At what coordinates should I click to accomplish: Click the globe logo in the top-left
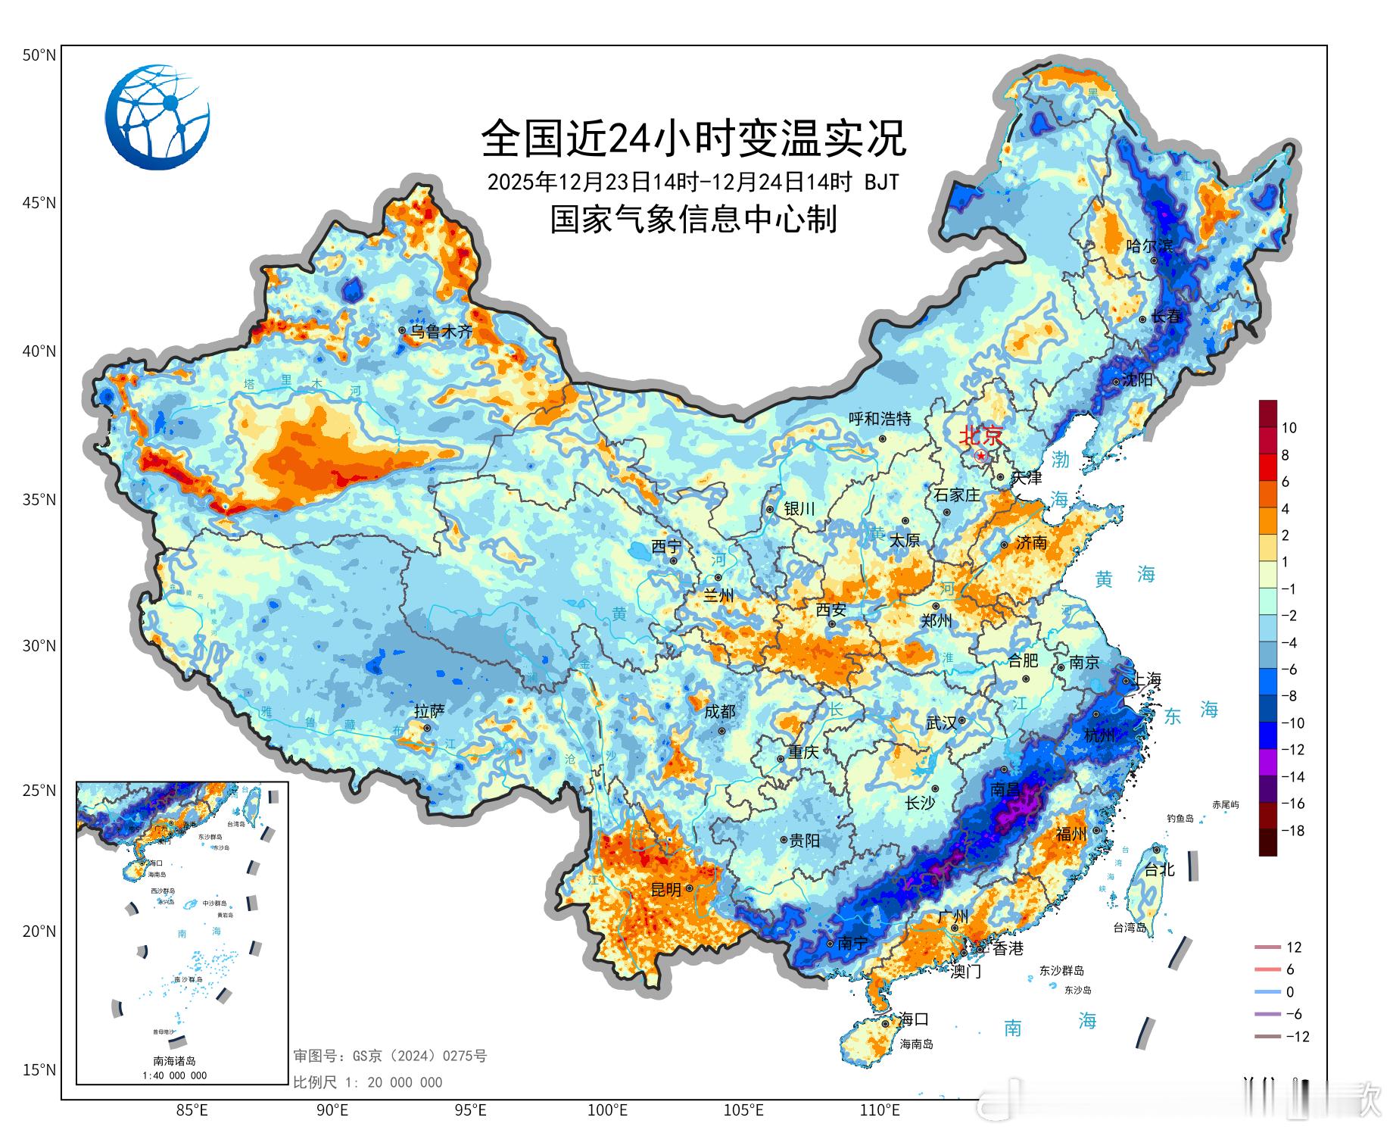pyautogui.click(x=157, y=117)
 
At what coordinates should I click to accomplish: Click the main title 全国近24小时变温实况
pyautogui.click(x=693, y=138)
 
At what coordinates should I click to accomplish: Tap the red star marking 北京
pyautogui.click(x=981, y=456)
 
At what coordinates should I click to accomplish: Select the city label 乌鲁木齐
pyautogui.click(x=441, y=332)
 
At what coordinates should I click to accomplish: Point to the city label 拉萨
pyautogui.click(x=429, y=711)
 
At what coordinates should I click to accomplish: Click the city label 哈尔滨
pyautogui.click(x=1149, y=245)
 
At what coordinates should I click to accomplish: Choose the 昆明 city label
pyautogui.click(x=666, y=890)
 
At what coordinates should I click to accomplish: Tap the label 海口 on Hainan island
pyautogui.click(x=913, y=1019)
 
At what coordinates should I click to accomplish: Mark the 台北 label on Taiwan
pyautogui.click(x=1159, y=869)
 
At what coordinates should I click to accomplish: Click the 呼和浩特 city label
pyautogui.click(x=880, y=419)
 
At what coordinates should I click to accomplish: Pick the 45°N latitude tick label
pyautogui.click(x=39, y=203)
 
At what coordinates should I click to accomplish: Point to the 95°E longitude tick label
pyautogui.click(x=470, y=1111)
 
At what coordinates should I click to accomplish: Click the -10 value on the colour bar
pyautogui.click(x=1292, y=723)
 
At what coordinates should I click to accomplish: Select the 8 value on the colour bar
pyautogui.click(x=1285, y=455)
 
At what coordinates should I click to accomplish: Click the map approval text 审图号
pyautogui.click(x=390, y=1056)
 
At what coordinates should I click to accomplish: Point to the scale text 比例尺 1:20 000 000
pyautogui.click(x=368, y=1082)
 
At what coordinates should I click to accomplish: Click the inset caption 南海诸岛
pyautogui.click(x=174, y=1061)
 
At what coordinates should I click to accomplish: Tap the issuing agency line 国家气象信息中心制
pyautogui.click(x=693, y=220)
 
